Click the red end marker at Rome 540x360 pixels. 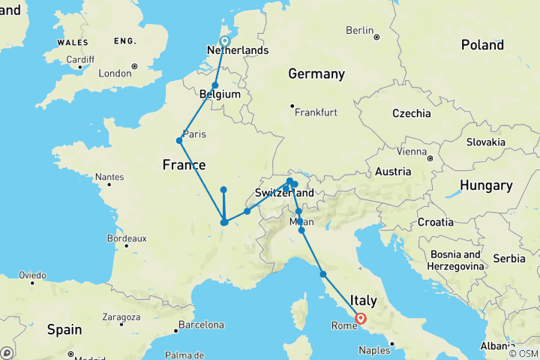point(361,318)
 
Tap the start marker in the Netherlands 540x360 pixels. point(224,41)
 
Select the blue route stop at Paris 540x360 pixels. point(179,140)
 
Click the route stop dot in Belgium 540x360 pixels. point(215,85)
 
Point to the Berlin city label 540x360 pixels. point(359,30)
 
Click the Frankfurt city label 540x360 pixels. point(316,112)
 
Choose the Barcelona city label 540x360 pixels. point(200,325)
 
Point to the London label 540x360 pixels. point(115,73)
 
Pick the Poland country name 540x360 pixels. point(482,45)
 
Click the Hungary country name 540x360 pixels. point(485,185)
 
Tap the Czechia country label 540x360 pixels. point(411,113)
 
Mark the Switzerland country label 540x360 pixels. point(284,193)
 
